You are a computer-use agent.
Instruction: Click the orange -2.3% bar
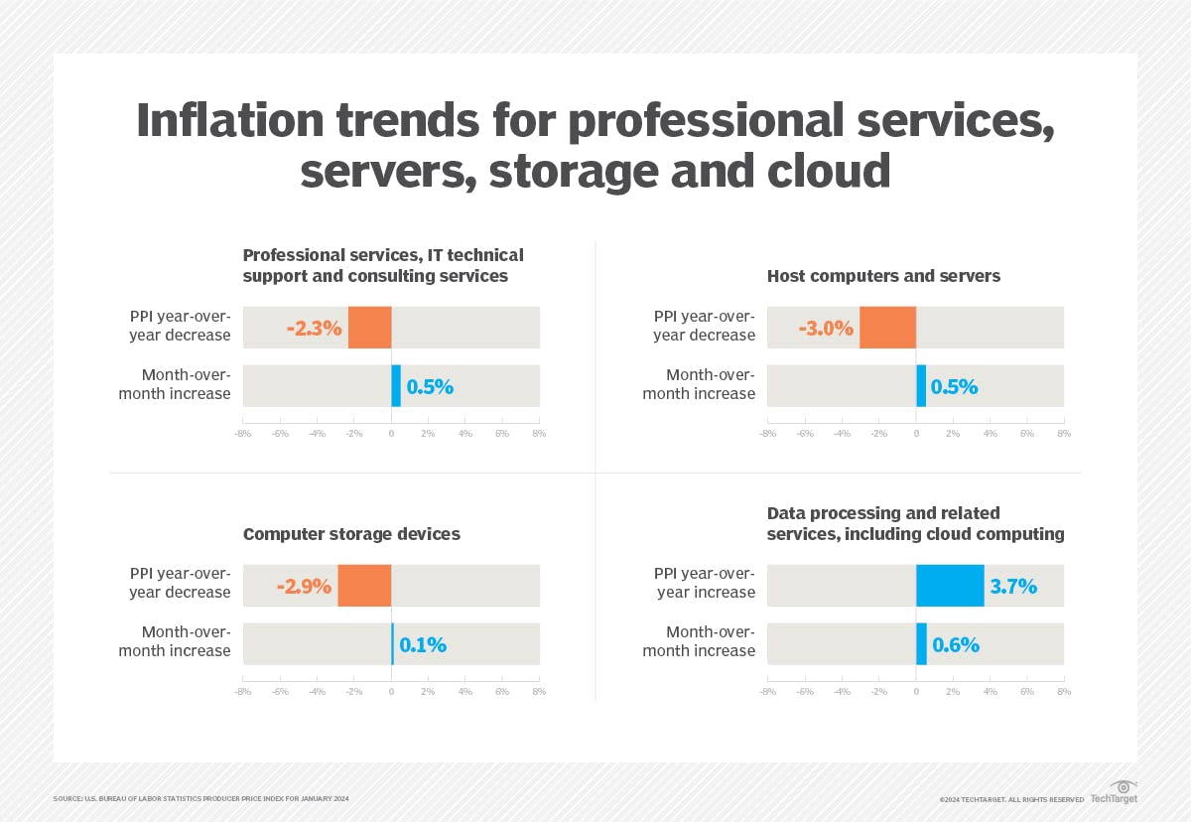click(x=369, y=328)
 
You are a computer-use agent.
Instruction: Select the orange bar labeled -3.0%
click(x=887, y=328)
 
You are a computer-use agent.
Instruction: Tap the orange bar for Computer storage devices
click(x=364, y=586)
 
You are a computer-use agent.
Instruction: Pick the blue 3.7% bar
click(x=950, y=586)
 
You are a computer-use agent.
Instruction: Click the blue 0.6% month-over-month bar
click(x=921, y=644)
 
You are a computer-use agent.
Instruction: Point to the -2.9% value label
click(x=304, y=586)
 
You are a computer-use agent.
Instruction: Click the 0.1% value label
click(x=423, y=644)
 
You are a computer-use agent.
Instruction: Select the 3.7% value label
click(x=1012, y=586)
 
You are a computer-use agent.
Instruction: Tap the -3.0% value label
click(x=826, y=328)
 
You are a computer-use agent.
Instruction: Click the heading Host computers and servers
click(x=883, y=276)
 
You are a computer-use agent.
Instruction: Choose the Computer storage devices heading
click(x=351, y=534)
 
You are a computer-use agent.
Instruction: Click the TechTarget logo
click(x=1115, y=793)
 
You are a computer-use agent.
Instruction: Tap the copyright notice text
click(x=1011, y=799)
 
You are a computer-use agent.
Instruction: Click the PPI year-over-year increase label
click(x=706, y=583)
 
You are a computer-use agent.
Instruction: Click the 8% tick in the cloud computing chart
click(x=1064, y=691)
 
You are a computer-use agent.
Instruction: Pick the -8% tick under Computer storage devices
click(x=242, y=691)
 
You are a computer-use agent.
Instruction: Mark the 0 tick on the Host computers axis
click(x=916, y=434)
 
